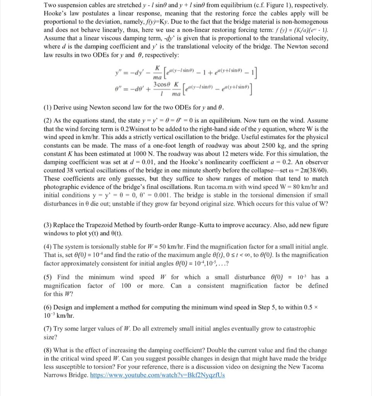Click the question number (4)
pos(48,246)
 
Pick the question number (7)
pos(48,329)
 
